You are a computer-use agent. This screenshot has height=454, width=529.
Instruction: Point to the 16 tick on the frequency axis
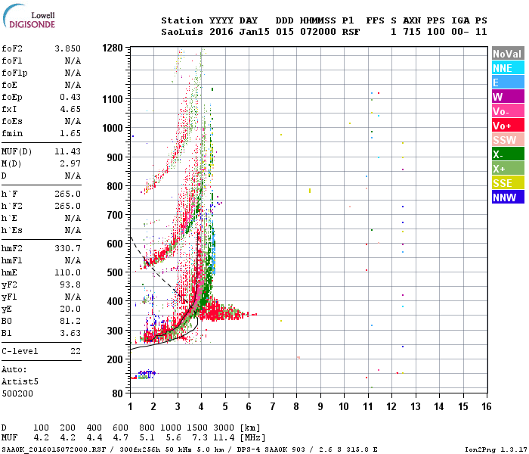click(x=486, y=406)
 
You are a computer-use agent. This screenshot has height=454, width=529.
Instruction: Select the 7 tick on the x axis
click(x=273, y=406)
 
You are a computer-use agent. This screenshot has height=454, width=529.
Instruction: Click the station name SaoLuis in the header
click(x=180, y=32)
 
